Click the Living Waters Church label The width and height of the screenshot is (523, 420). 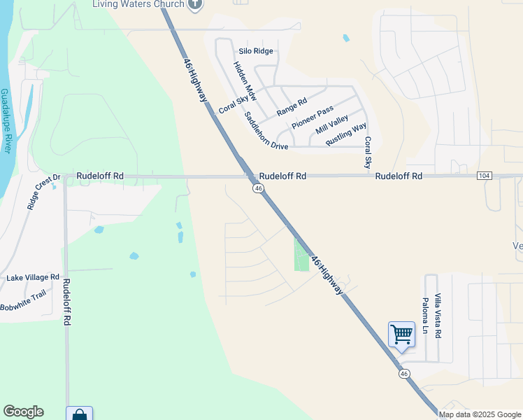click(x=138, y=4)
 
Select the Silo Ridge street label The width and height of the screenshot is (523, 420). click(x=255, y=51)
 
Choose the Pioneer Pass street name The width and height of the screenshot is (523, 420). click(x=313, y=118)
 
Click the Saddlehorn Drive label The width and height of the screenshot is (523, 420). click(x=266, y=132)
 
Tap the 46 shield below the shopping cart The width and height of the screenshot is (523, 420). click(x=404, y=374)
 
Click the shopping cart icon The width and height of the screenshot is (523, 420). click(x=401, y=334)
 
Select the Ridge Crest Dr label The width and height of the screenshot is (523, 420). click(x=44, y=192)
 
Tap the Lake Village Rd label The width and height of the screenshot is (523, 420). click(x=33, y=278)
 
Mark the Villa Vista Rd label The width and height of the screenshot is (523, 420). click(x=438, y=316)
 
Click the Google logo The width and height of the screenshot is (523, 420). click(x=23, y=412)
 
